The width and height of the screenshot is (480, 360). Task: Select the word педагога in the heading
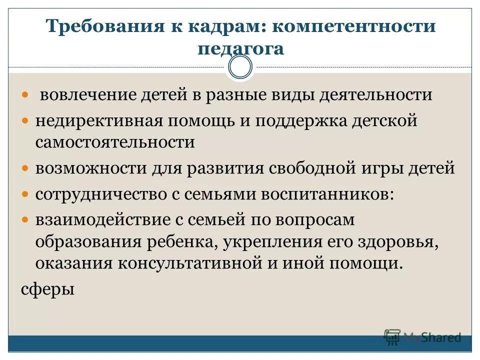pos(240,49)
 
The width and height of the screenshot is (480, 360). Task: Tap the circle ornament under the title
pos(240,67)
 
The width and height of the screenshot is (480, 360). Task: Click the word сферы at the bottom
pos(48,288)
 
